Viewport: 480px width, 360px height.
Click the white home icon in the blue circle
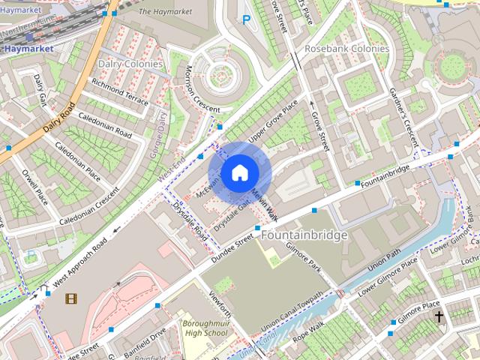pyautogui.click(x=238, y=172)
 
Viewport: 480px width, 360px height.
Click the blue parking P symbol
pyautogui.click(x=245, y=21)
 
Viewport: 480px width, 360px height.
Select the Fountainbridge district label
pyautogui.click(x=304, y=235)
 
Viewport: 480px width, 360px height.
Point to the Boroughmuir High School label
pyautogui.click(x=205, y=328)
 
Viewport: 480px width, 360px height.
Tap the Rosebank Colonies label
pyautogui.click(x=346, y=49)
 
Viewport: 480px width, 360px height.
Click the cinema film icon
pyautogui.click(x=70, y=299)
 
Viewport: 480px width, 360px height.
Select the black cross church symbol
pyautogui.click(x=439, y=317)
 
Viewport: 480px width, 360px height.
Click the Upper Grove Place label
pyautogui.click(x=274, y=121)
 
